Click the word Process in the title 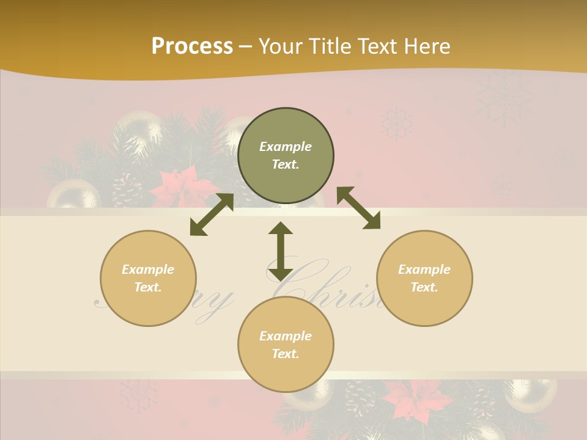[192, 46]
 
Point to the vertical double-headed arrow [281, 251]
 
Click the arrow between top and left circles [212, 215]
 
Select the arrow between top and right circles [358, 208]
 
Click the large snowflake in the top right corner [505, 97]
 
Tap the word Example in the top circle [286, 147]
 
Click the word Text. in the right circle [424, 287]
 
